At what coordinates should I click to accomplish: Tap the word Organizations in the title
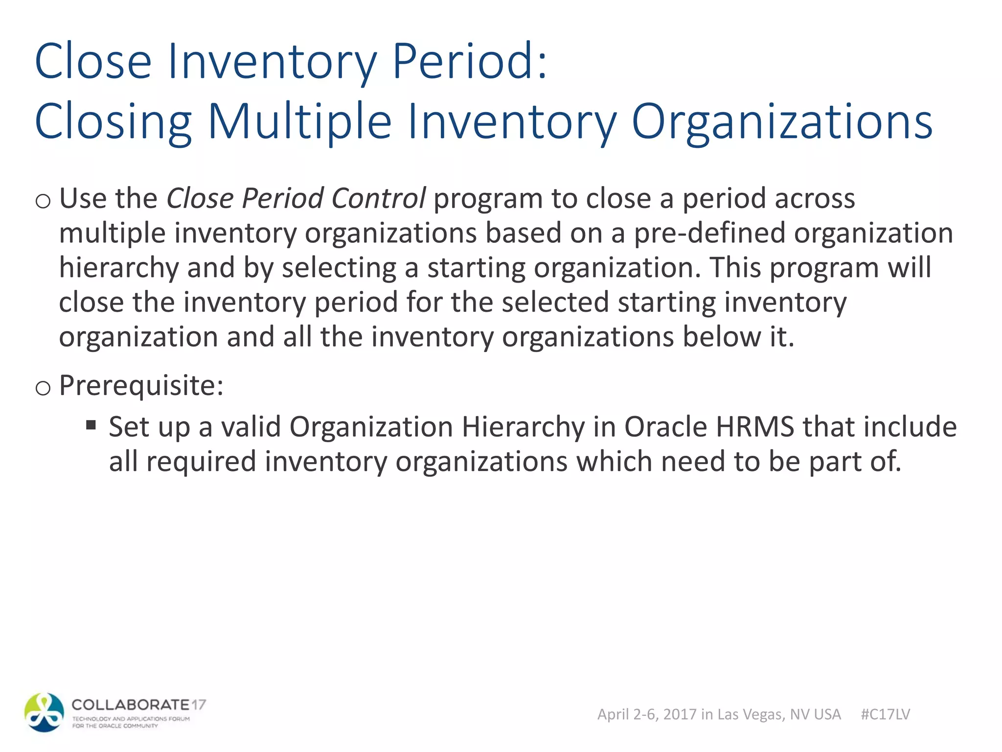(x=782, y=121)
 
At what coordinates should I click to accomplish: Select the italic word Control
(x=378, y=198)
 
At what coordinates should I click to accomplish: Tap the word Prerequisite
(x=141, y=385)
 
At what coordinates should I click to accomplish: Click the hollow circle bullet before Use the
(x=43, y=201)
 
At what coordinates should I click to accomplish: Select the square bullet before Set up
(x=91, y=424)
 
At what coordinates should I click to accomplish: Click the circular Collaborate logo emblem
(x=44, y=712)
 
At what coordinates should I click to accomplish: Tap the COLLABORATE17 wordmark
(x=138, y=705)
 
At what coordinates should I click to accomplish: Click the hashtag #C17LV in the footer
(x=885, y=714)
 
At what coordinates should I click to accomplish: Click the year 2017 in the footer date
(x=680, y=714)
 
